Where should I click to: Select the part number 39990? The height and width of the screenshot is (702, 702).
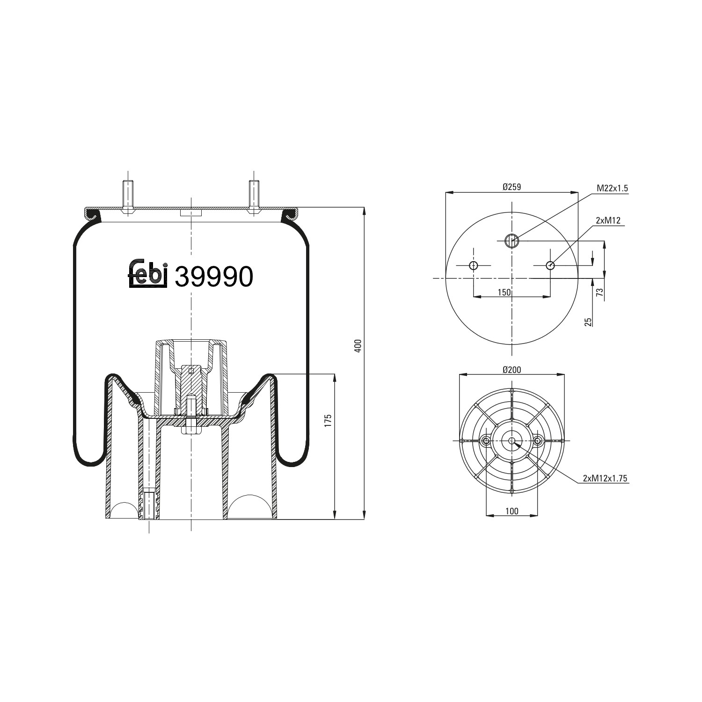[x=213, y=277]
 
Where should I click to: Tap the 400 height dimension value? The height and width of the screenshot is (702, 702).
[x=358, y=346]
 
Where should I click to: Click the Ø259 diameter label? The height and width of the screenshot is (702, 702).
[x=512, y=187]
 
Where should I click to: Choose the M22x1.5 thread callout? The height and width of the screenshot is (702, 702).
[x=612, y=188]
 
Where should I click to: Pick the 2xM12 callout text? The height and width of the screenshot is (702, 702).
[x=608, y=220]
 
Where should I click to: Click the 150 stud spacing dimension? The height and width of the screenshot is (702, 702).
[x=504, y=292]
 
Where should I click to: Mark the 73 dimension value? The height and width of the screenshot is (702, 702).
[x=600, y=293]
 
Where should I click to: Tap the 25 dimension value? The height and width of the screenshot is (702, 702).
[x=588, y=322]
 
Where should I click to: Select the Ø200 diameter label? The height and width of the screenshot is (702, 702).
[x=512, y=370]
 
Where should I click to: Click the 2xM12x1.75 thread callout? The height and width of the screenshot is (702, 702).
[x=605, y=478]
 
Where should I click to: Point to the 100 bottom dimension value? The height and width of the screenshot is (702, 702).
[x=512, y=511]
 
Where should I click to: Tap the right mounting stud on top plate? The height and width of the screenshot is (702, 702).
[x=254, y=196]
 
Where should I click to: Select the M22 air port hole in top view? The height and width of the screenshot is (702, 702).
[x=512, y=241]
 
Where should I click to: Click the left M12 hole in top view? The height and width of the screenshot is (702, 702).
[x=474, y=266]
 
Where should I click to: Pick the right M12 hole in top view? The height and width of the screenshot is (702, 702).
[x=550, y=266]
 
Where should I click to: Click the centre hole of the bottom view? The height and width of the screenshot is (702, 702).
[x=512, y=441]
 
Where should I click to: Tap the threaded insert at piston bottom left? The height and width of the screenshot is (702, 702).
[x=149, y=504]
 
